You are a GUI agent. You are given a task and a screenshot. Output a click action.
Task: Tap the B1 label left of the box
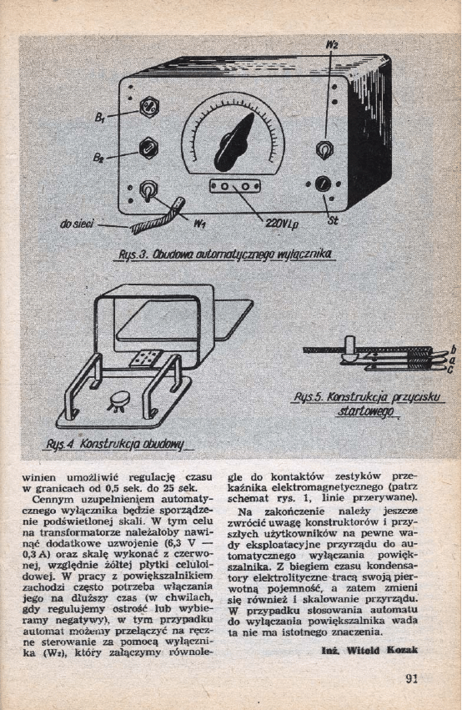100,118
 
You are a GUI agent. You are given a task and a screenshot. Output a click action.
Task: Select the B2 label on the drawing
99,158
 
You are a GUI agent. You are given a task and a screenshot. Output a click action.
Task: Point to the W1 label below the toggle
199,223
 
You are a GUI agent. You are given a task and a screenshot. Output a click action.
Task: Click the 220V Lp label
282,224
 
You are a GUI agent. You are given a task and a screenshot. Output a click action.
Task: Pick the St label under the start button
333,222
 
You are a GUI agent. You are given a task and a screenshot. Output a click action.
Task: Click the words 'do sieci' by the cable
77,224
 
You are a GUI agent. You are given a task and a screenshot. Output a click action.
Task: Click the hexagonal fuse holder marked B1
149,107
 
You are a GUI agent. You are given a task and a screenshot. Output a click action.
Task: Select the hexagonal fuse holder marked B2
148,147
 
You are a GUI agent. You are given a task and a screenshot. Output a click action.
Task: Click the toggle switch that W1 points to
148,190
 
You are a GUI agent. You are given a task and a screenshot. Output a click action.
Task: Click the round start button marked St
323,184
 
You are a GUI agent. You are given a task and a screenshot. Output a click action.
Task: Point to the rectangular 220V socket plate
235,186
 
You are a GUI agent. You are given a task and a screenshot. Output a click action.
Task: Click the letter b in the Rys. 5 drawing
453,350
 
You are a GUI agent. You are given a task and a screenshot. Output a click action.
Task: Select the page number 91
411,677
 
